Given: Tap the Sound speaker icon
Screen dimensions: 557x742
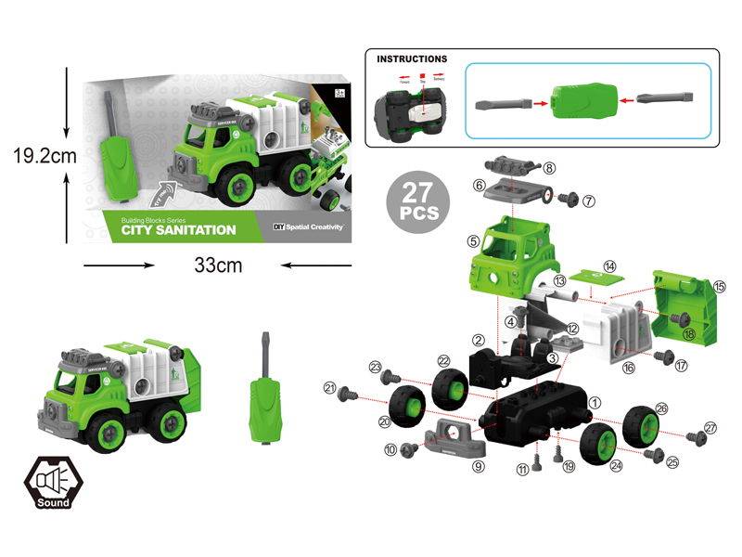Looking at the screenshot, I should pos(54,479).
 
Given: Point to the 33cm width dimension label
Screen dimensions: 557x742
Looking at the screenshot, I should pos(218,266).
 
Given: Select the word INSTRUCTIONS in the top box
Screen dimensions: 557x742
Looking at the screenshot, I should pos(412,58).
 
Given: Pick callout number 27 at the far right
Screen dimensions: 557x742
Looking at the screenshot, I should pos(711,428).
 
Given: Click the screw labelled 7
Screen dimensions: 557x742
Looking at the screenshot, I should pos(569,198).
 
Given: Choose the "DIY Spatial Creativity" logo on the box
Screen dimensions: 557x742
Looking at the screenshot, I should pos(309,227).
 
